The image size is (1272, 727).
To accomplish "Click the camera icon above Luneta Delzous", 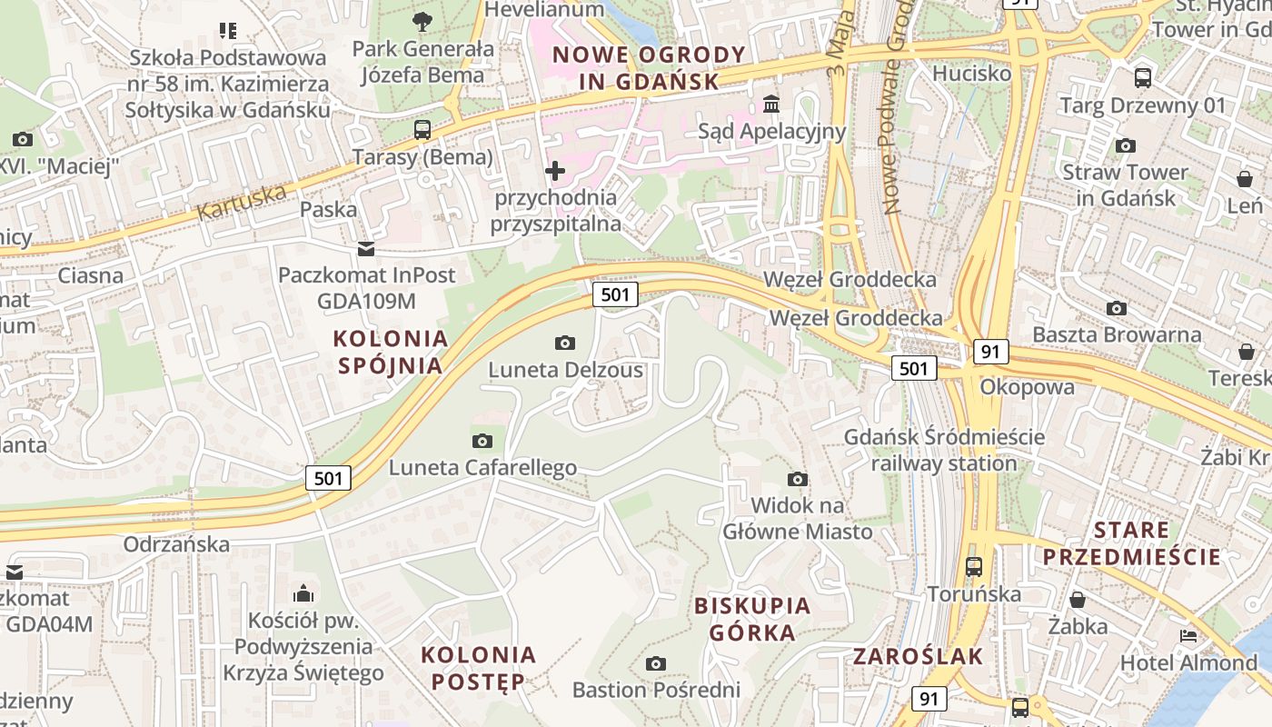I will coord(564,343).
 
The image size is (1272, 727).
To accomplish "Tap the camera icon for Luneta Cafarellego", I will coord(482,441).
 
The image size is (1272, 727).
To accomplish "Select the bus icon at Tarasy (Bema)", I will coord(422,129).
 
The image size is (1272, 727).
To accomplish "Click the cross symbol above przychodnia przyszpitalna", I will coord(554,170).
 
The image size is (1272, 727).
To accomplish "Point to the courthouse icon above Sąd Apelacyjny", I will coord(771,104).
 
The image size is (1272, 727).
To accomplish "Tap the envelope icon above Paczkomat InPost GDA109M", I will coord(365,248).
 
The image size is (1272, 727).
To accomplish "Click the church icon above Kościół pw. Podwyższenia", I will coord(303,594).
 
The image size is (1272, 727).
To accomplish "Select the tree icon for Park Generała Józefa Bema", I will coord(422,21).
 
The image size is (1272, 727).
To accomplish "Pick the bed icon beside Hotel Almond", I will coord(1188,636).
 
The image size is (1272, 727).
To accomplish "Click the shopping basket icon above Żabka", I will coord(1078,600).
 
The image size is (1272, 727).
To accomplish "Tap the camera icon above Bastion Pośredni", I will coord(655,663).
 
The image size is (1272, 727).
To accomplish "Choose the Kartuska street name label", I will coord(241,202).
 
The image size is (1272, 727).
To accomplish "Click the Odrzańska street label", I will coord(176,544).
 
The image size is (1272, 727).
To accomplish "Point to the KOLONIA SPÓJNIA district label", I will coord(391,352).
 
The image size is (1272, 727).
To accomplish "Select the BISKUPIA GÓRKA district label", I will coord(751,619).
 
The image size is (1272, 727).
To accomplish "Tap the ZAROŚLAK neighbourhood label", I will coord(919,656).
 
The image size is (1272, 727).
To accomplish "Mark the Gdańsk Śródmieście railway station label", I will coord(944,450).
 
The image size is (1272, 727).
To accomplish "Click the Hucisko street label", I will coord(971,73).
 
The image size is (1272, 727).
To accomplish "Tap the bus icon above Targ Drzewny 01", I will coord(1143,78).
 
